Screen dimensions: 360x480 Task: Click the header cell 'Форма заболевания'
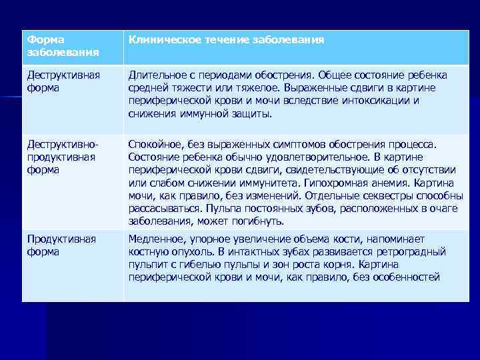[63, 46]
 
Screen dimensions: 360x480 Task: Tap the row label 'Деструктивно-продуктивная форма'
[63, 157]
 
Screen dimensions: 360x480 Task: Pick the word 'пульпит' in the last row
[147, 265]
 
